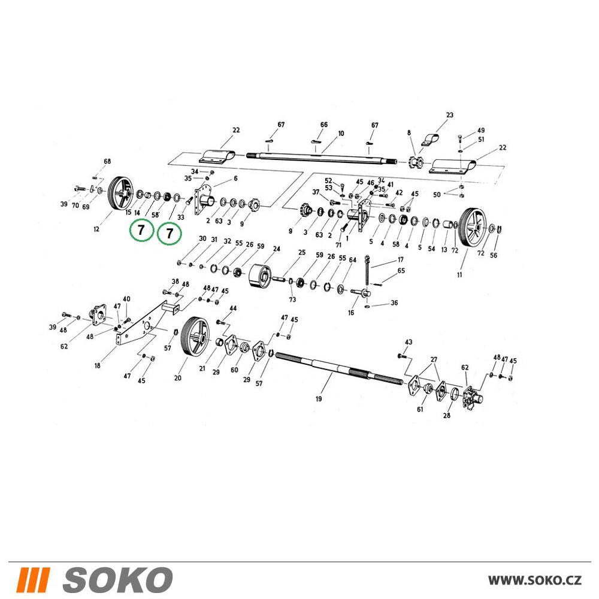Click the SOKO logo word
tap(117, 579)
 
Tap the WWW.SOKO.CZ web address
tap(535, 580)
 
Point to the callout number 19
tap(319, 399)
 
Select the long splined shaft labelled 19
tap(339, 368)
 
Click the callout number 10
tap(341, 134)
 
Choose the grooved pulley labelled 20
tap(195, 336)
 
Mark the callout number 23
tap(450, 115)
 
